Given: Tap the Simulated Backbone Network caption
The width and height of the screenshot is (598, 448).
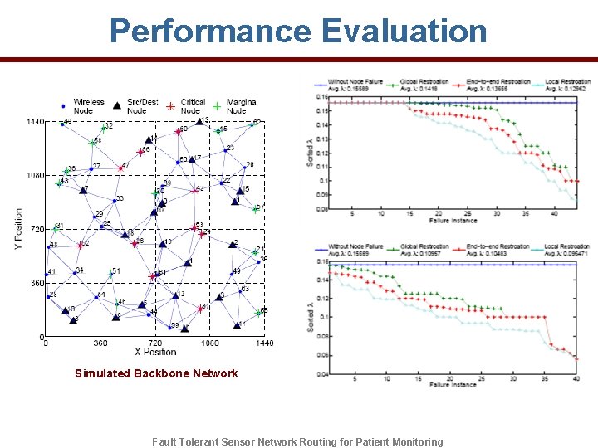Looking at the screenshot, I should point(156,373).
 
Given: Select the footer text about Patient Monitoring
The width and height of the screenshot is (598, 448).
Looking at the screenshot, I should point(298,441).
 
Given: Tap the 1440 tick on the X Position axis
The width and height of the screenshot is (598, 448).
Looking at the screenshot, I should point(264,343).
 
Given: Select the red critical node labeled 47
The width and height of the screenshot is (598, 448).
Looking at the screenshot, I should point(121,168).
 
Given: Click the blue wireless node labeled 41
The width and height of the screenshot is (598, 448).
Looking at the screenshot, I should point(47,275).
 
